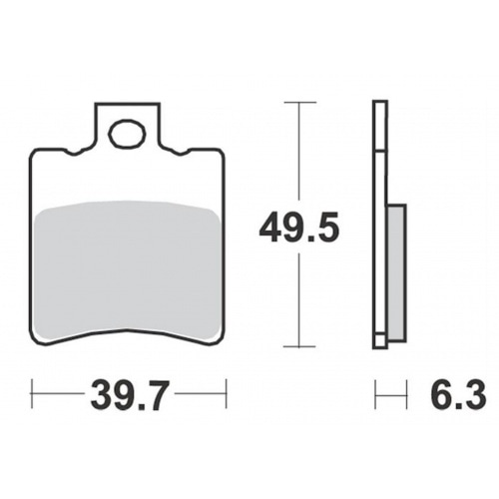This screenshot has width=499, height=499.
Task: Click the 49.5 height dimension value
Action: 299,229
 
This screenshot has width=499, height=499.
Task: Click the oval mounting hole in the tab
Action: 127,133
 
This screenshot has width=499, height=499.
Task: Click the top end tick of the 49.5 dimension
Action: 299,102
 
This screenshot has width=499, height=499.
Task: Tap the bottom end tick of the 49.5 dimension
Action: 299,347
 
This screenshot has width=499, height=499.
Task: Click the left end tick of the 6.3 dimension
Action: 375,394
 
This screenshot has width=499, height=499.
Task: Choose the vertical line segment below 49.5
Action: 299,299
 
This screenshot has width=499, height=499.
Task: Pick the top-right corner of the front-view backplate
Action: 221,152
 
